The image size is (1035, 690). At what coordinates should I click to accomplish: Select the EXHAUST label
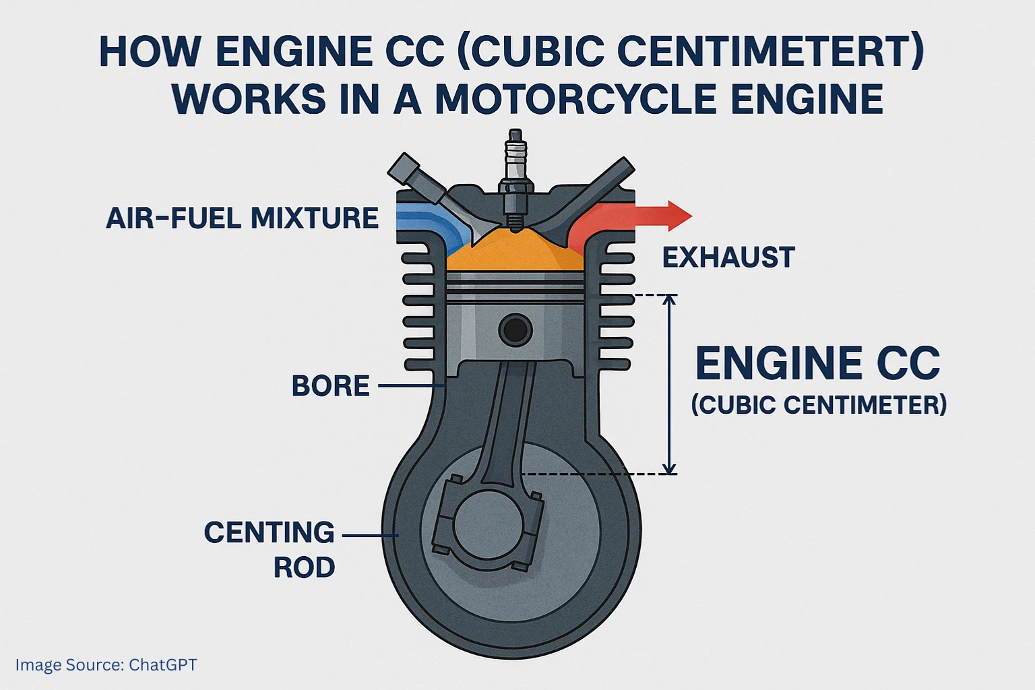(728, 258)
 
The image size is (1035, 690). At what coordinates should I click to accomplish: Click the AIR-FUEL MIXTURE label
(242, 219)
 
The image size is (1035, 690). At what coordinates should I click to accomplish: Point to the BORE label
(330, 386)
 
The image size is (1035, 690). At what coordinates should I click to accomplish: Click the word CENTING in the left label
(269, 533)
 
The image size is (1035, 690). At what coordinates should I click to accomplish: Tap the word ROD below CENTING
(304, 568)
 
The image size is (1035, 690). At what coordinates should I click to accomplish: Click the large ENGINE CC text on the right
(817, 364)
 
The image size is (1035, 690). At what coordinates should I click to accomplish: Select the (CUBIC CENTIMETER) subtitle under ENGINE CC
(819, 405)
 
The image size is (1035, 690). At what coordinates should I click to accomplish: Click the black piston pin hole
(515, 330)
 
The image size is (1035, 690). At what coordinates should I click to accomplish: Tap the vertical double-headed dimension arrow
(669, 384)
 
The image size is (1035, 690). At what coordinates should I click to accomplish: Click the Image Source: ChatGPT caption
(106, 665)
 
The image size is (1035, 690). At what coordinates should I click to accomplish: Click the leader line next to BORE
(410, 386)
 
